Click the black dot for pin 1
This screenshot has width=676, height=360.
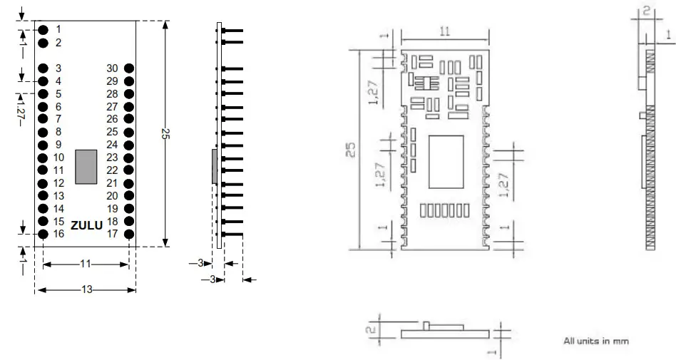[x=43, y=29]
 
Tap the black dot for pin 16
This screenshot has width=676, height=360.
[x=43, y=234]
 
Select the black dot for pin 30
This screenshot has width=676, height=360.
[x=129, y=68]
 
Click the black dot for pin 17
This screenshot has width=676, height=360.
[x=129, y=234]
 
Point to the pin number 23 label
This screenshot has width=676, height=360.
[x=112, y=158]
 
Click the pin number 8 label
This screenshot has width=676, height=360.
[x=58, y=132]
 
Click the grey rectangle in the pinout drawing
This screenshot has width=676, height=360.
[x=86, y=167]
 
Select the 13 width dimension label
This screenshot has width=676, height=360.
[x=85, y=290]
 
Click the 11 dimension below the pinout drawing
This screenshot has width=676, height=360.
[x=85, y=264]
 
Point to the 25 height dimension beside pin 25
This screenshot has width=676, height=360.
[x=165, y=134]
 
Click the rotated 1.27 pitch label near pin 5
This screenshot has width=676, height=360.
[x=20, y=108]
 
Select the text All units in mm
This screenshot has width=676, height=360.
[x=596, y=341]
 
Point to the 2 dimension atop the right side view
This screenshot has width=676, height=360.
[x=645, y=11]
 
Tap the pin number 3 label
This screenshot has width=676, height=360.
[x=58, y=68]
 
